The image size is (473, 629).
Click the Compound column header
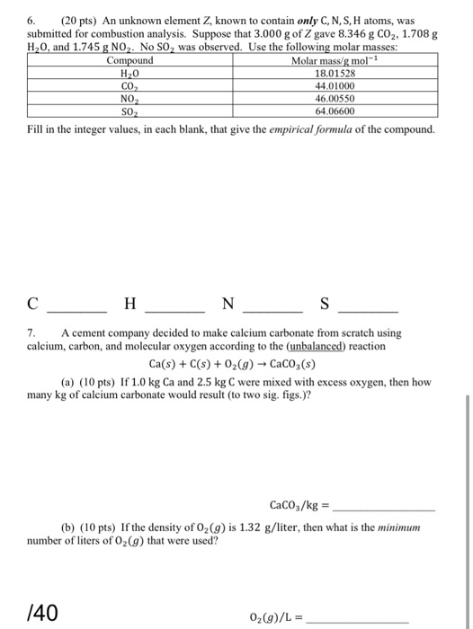point(130,61)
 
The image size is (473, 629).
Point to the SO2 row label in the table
point(130,111)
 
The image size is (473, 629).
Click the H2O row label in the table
point(130,74)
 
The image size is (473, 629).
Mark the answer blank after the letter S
point(367,308)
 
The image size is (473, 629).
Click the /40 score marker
point(43,614)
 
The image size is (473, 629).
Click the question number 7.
point(32,332)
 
